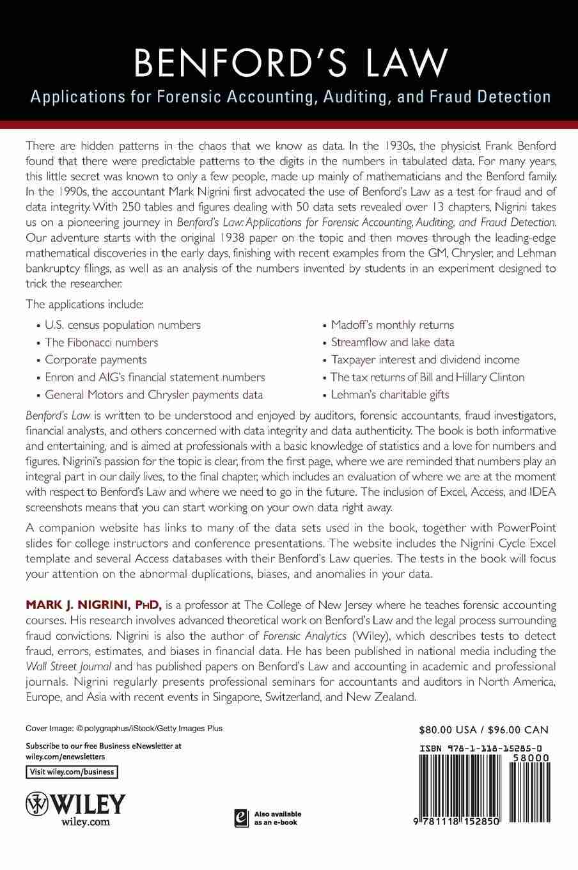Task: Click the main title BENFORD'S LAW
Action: (x=289, y=62)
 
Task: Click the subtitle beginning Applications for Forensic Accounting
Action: (x=289, y=97)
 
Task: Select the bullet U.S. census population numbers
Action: (x=123, y=325)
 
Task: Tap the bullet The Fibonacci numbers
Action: (x=102, y=342)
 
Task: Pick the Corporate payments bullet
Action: (x=96, y=360)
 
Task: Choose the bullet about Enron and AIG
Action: (x=155, y=377)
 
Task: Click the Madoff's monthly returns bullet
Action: (x=393, y=325)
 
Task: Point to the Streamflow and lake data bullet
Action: (x=393, y=342)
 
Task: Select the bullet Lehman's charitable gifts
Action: (x=390, y=395)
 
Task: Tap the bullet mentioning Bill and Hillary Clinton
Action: (x=427, y=377)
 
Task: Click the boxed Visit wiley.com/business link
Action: (x=72, y=772)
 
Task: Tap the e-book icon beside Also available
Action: (x=240, y=818)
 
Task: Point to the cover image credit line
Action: (x=124, y=729)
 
